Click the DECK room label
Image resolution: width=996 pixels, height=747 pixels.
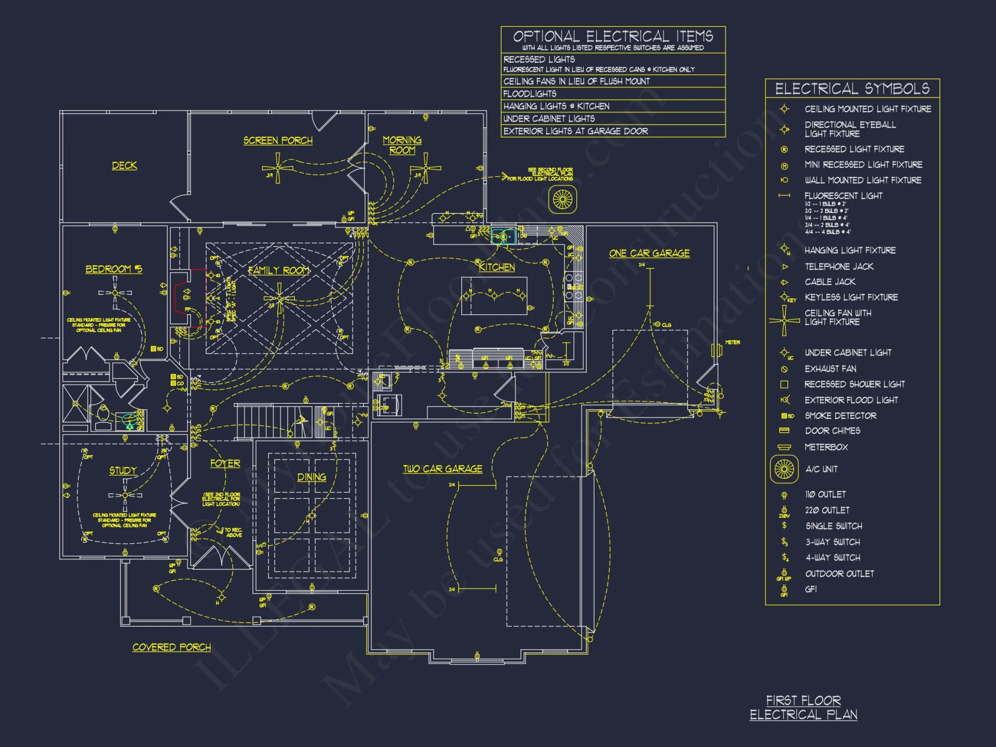[x=124, y=165]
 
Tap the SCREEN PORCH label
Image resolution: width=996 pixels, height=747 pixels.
[x=278, y=140]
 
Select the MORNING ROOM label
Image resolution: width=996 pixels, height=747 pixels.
[x=402, y=145]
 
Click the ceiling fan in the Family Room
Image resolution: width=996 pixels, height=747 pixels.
[x=279, y=299]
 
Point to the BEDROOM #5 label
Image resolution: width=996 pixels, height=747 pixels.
[x=114, y=269]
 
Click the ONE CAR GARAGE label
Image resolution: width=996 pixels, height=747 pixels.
[x=649, y=253]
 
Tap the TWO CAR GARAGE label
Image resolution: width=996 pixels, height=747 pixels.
[x=442, y=469]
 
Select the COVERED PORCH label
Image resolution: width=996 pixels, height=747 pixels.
[x=171, y=647]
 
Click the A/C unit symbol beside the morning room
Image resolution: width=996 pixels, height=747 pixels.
[x=563, y=200]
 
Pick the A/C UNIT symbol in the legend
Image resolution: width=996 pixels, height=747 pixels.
[x=784, y=469]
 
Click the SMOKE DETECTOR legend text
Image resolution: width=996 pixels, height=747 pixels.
[x=841, y=415]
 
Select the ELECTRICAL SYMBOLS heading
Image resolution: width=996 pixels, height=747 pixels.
[x=852, y=89]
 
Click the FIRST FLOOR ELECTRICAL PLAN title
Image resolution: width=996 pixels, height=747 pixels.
[x=803, y=708]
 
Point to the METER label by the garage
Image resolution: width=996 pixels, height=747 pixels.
[x=732, y=343]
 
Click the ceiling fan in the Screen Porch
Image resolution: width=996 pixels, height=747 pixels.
[x=278, y=168]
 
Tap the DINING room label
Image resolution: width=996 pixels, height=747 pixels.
[x=312, y=477]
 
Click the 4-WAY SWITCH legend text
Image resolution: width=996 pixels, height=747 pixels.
[x=833, y=557]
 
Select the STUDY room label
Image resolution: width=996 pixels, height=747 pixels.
[x=123, y=471]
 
